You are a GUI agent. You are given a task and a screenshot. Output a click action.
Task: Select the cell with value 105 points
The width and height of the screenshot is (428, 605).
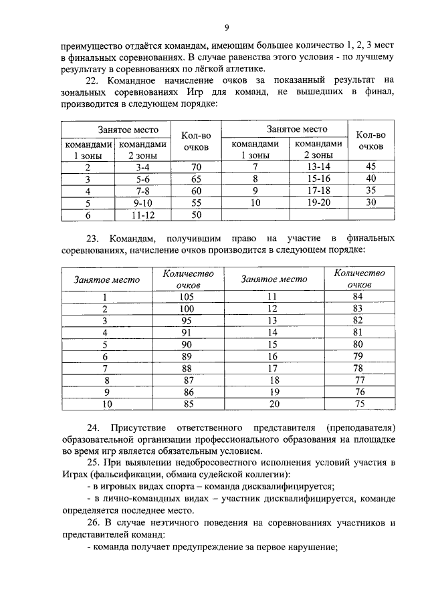tap(187, 297)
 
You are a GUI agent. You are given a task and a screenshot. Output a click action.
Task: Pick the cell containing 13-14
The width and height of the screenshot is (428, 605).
tap(318, 167)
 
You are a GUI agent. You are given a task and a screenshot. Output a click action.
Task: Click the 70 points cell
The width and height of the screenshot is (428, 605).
tap(197, 167)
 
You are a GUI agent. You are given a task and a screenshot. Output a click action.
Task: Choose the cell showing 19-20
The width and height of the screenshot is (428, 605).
tap(318, 203)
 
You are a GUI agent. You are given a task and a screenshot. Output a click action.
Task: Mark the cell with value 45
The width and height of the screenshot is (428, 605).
tap(371, 167)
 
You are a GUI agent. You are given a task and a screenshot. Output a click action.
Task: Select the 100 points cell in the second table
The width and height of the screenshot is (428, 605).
tap(187, 309)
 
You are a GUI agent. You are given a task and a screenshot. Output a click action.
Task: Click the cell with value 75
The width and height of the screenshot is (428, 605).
tap(359, 404)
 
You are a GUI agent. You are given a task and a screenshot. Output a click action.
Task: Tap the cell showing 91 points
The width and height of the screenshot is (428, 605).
tap(187, 332)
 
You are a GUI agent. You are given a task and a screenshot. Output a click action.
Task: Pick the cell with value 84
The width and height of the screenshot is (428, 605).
tap(359, 297)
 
